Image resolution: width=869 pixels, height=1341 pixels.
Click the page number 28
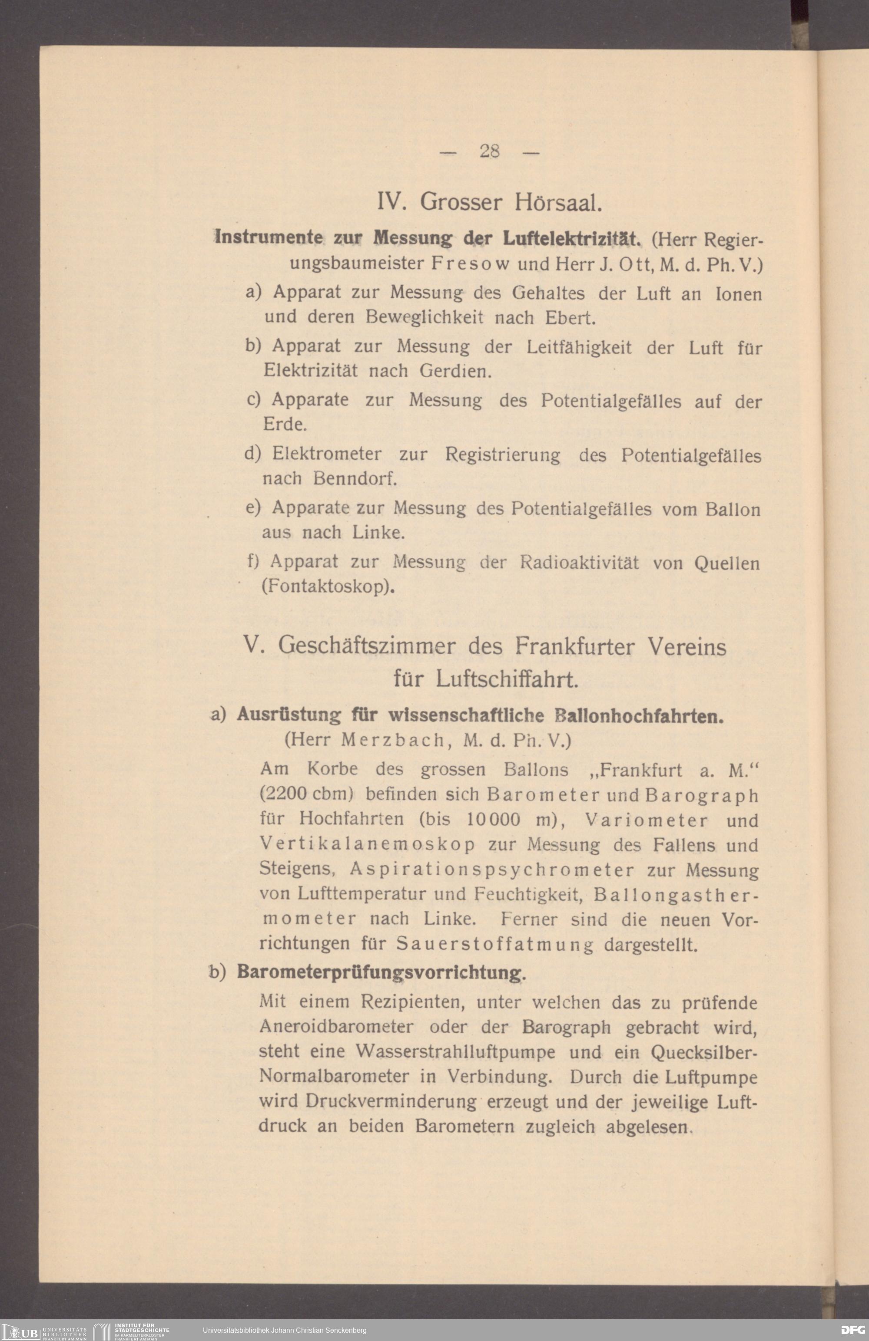(x=490, y=151)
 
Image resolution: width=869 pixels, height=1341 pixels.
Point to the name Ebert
(x=570, y=318)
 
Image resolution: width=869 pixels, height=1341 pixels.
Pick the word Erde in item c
(x=284, y=424)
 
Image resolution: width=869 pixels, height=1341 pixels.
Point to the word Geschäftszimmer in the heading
(x=367, y=646)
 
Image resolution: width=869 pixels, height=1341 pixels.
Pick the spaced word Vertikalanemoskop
(x=367, y=845)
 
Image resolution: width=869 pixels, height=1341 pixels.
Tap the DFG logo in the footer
(x=852, y=1330)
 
